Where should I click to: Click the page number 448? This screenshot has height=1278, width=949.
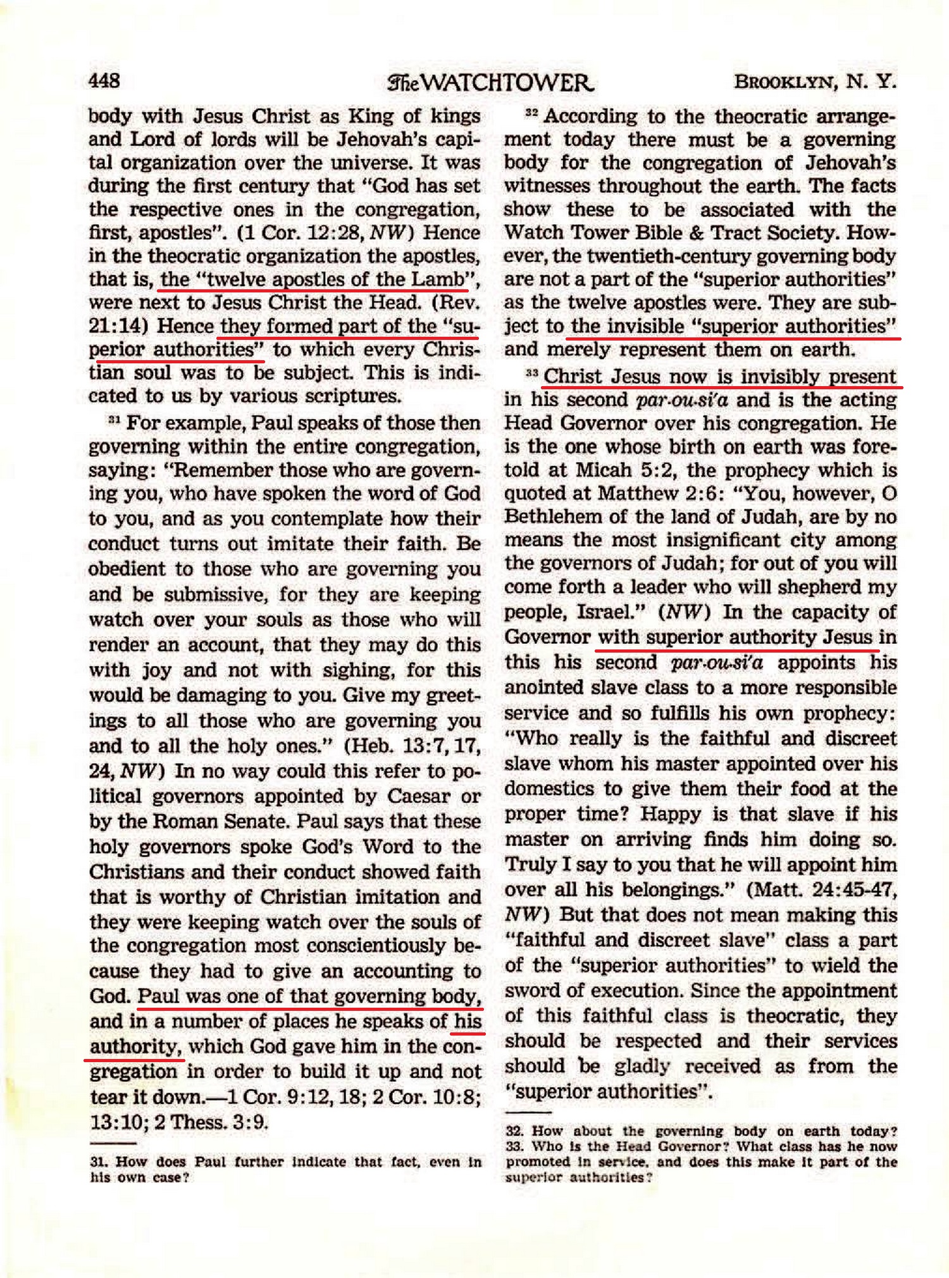104,81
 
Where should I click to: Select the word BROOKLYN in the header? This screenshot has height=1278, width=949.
785,82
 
